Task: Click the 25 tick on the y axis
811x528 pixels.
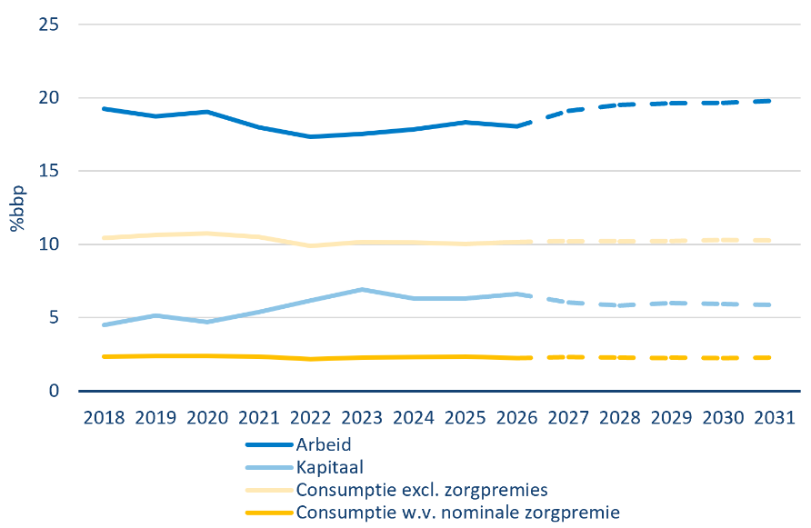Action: coord(48,25)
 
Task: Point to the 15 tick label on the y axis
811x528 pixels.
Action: coord(48,171)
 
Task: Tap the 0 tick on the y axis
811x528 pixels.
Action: coord(54,391)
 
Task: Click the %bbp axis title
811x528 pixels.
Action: coord(17,208)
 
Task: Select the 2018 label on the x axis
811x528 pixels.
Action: coord(104,418)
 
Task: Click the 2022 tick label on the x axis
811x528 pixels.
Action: coord(310,418)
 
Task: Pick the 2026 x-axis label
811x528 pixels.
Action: coord(516,418)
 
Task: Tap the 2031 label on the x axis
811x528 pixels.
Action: coord(775,418)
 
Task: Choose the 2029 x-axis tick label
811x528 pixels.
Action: coord(671,418)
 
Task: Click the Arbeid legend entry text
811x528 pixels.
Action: coord(324,444)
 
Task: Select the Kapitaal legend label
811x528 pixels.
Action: coord(329,467)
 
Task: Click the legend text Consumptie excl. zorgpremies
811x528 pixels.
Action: coord(422,490)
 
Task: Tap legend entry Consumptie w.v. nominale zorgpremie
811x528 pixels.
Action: coord(457,513)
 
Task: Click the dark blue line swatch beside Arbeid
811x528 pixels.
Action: coord(269,444)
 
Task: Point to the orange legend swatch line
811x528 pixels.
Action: coord(269,513)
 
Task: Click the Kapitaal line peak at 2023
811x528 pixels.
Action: coord(362,290)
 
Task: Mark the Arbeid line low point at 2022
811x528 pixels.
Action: coord(310,136)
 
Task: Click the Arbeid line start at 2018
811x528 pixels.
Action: coord(104,109)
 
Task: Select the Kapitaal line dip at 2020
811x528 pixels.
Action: coord(207,322)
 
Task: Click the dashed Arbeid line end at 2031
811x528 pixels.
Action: coord(770,101)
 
